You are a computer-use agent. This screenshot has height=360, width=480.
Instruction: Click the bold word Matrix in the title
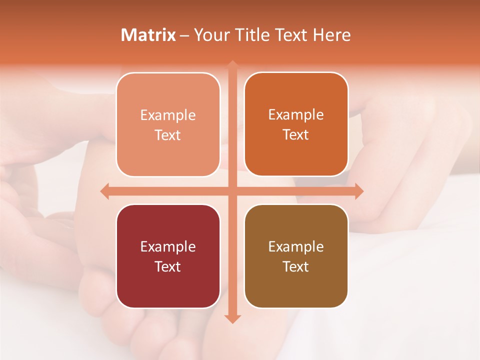(x=148, y=35)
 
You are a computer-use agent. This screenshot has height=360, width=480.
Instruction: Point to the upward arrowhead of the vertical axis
(x=232, y=65)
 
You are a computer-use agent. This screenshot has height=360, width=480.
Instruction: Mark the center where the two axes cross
(x=232, y=191)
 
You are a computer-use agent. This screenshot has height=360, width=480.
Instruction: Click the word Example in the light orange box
(x=168, y=115)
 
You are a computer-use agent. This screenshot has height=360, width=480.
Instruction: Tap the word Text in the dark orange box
(x=296, y=135)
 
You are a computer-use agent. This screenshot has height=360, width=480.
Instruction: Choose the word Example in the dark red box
(x=168, y=247)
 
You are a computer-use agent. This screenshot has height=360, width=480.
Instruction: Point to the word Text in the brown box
(x=296, y=266)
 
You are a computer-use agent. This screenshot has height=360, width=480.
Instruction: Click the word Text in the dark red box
(x=168, y=266)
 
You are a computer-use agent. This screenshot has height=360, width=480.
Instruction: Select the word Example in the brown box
(x=296, y=247)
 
